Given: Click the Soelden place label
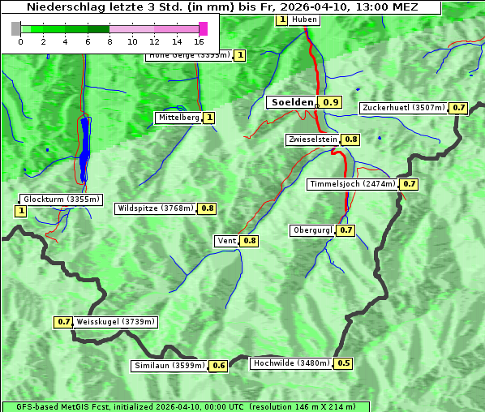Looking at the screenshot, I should tap(291, 102).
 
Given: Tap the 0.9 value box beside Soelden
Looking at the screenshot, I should tap(331, 102).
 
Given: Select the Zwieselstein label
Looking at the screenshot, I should tap(312, 139).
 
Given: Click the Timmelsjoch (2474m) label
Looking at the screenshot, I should tap(353, 184).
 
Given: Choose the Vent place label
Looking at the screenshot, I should tap(226, 241).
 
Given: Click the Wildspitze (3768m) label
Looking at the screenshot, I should tap(156, 208).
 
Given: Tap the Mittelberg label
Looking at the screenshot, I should tap(178, 118).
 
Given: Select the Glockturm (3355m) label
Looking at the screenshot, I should tap(61, 199).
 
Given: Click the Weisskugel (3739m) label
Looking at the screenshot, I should tap(115, 322).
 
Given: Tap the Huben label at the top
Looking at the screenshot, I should tap(304, 19).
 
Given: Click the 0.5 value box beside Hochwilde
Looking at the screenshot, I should tap(344, 363).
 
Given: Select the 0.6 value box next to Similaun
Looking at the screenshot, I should tap(218, 366).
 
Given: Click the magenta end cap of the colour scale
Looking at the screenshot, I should tap(203, 28).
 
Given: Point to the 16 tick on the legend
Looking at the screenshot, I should tap(199, 41).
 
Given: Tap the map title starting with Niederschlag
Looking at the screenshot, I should tap(221, 6).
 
